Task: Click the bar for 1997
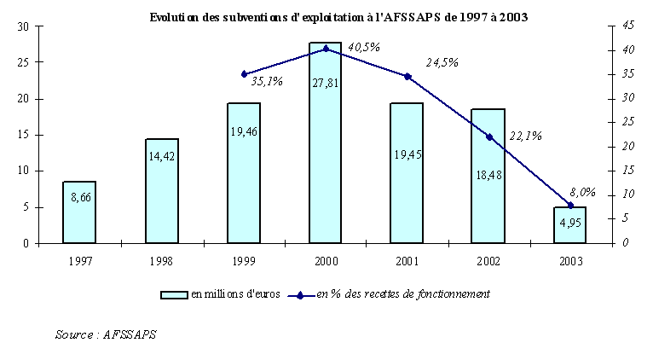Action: pyautogui.click(x=79, y=212)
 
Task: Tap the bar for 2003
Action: pyautogui.click(x=570, y=225)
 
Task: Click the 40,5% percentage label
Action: pyautogui.click(x=365, y=48)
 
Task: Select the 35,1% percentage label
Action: pyautogui.click(x=267, y=81)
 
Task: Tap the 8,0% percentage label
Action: pyautogui.click(x=583, y=193)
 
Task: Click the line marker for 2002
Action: pyautogui.click(x=488, y=136)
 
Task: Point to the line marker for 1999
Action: pyautogui.click(x=244, y=74)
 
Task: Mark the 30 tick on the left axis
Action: pyautogui.click(x=24, y=27)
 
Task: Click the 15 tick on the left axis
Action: pyautogui.click(x=24, y=135)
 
